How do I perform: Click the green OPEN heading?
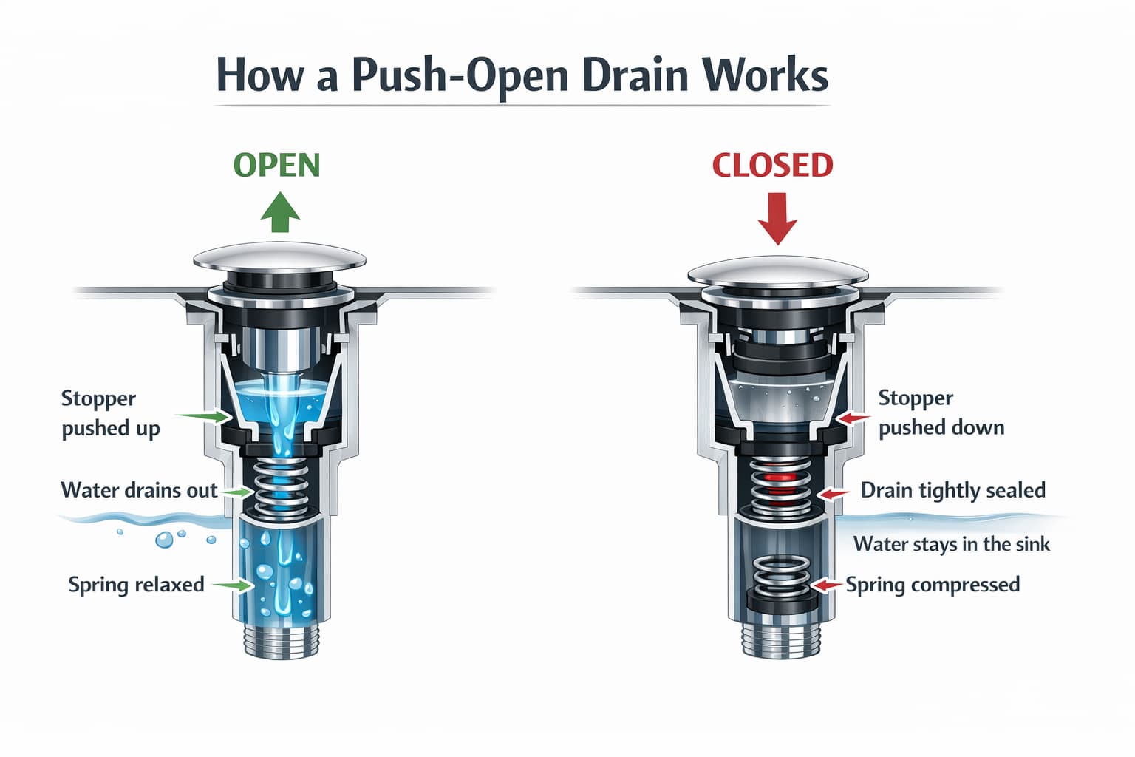coord(276,165)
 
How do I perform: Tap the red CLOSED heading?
coord(772,166)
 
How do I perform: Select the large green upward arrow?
coord(280,212)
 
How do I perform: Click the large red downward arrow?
coord(778,219)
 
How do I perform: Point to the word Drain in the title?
coord(635,75)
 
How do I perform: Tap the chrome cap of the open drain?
coord(280,257)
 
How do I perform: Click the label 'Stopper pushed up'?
coord(110,413)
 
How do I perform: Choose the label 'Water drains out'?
coord(139,490)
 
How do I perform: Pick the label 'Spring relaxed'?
coord(136,585)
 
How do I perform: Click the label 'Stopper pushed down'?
coord(941,413)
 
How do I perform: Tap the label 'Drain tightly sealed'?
coord(953,490)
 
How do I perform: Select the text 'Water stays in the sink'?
coord(952,544)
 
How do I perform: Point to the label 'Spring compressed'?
coord(933,585)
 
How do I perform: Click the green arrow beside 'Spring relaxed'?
coord(233,585)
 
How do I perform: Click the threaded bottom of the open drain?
coord(282,642)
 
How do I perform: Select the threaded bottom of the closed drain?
coord(780,642)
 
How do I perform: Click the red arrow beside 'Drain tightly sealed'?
coord(834,494)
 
